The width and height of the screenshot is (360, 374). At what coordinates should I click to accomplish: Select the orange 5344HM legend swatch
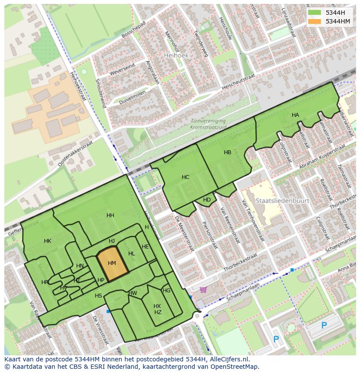[314, 21]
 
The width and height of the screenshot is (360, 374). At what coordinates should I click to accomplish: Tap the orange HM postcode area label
[112, 263]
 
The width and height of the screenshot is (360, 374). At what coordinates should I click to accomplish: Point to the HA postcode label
[295, 115]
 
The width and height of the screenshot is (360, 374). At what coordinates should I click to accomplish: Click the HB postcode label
[227, 152]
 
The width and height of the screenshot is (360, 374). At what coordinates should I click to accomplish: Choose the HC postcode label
[185, 177]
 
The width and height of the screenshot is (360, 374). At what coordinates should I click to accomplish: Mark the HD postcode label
[207, 200]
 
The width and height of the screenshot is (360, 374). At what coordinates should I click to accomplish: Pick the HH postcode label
[110, 215]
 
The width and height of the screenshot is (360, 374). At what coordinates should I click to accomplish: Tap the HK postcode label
[47, 241]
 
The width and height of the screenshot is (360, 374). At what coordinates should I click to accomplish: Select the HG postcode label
[167, 291]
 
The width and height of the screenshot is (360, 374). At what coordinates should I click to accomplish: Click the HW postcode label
[133, 293]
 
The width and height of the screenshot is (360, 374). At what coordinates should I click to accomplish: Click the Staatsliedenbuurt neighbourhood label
[282, 201]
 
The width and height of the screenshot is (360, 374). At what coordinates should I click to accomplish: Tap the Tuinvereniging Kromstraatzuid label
[208, 124]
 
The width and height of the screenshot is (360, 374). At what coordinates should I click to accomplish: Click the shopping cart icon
[203, 290]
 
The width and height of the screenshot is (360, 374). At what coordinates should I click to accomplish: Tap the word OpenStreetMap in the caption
[236, 367]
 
